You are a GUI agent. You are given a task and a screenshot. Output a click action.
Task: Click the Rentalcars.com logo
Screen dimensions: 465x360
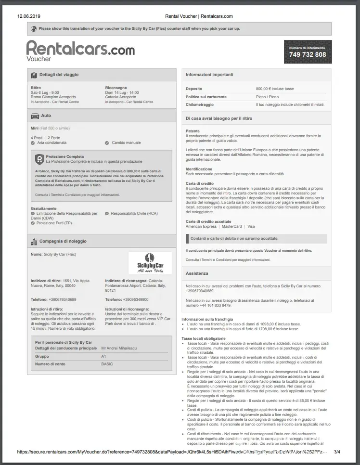(x=80, y=48)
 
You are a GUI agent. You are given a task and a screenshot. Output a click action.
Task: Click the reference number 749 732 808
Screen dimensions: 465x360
(x=308, y=54)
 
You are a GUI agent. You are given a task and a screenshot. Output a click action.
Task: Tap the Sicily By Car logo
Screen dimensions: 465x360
(x=150, y=263)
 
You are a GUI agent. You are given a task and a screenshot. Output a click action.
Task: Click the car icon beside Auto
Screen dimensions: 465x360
(x=35, y=116)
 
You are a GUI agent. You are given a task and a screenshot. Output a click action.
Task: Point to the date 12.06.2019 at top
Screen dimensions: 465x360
(x=29, y=16)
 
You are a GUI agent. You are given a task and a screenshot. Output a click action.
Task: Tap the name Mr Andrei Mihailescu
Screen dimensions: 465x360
(x=119, y=348)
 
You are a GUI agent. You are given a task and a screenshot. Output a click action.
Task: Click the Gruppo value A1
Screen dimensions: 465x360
(x=103, y=356)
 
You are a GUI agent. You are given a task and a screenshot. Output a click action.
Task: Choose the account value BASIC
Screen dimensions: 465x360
(x=107, y=364)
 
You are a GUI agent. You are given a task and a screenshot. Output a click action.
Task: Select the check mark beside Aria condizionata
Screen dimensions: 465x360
(x=33, y=143)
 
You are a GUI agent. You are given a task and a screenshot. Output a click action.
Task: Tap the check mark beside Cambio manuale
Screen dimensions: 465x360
(x=107, y=143)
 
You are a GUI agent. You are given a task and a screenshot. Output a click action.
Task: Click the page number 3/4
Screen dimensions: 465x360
(x=337, y=452)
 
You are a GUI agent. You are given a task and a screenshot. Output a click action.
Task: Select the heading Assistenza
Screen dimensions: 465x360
(x=197, y=273)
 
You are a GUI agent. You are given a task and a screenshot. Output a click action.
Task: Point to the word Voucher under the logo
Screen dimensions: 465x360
(x=39, y=59)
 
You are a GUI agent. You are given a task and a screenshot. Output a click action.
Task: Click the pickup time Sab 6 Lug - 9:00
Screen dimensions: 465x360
(x=45, y=92)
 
